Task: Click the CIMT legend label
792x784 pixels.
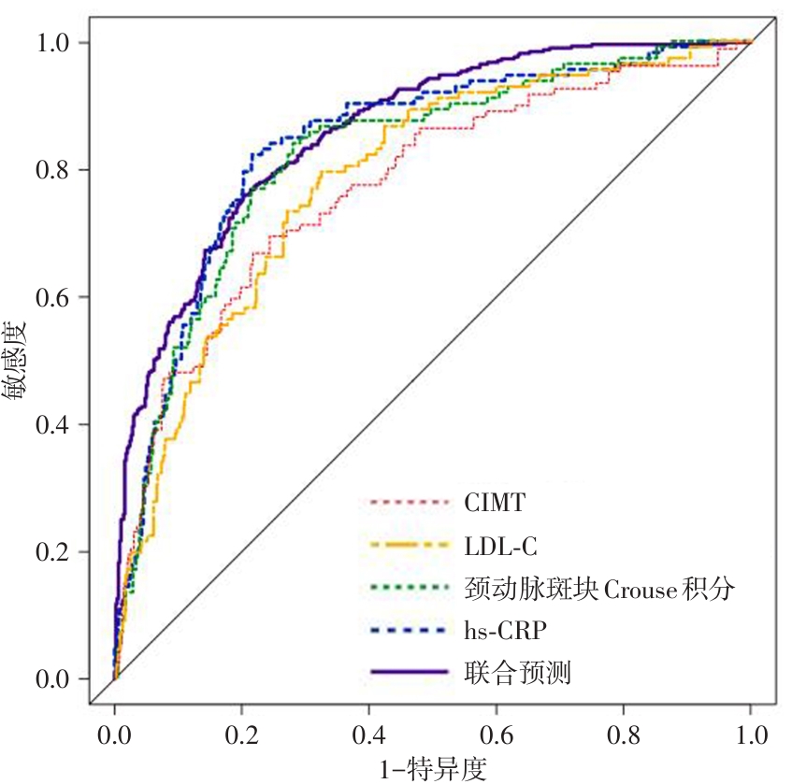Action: [x=495, y=505]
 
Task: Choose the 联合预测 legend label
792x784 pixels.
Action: [x=517, y=674]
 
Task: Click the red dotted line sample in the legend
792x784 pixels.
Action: [x=409, y=505]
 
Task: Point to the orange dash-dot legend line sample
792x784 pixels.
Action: [x=409, y=547]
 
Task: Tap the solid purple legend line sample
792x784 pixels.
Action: [x=409, y=674]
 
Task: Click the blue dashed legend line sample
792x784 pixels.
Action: [x=409, y=632]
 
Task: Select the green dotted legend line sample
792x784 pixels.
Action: [x=409, y=590]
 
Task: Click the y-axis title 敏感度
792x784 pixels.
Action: [x=17, y=360]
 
